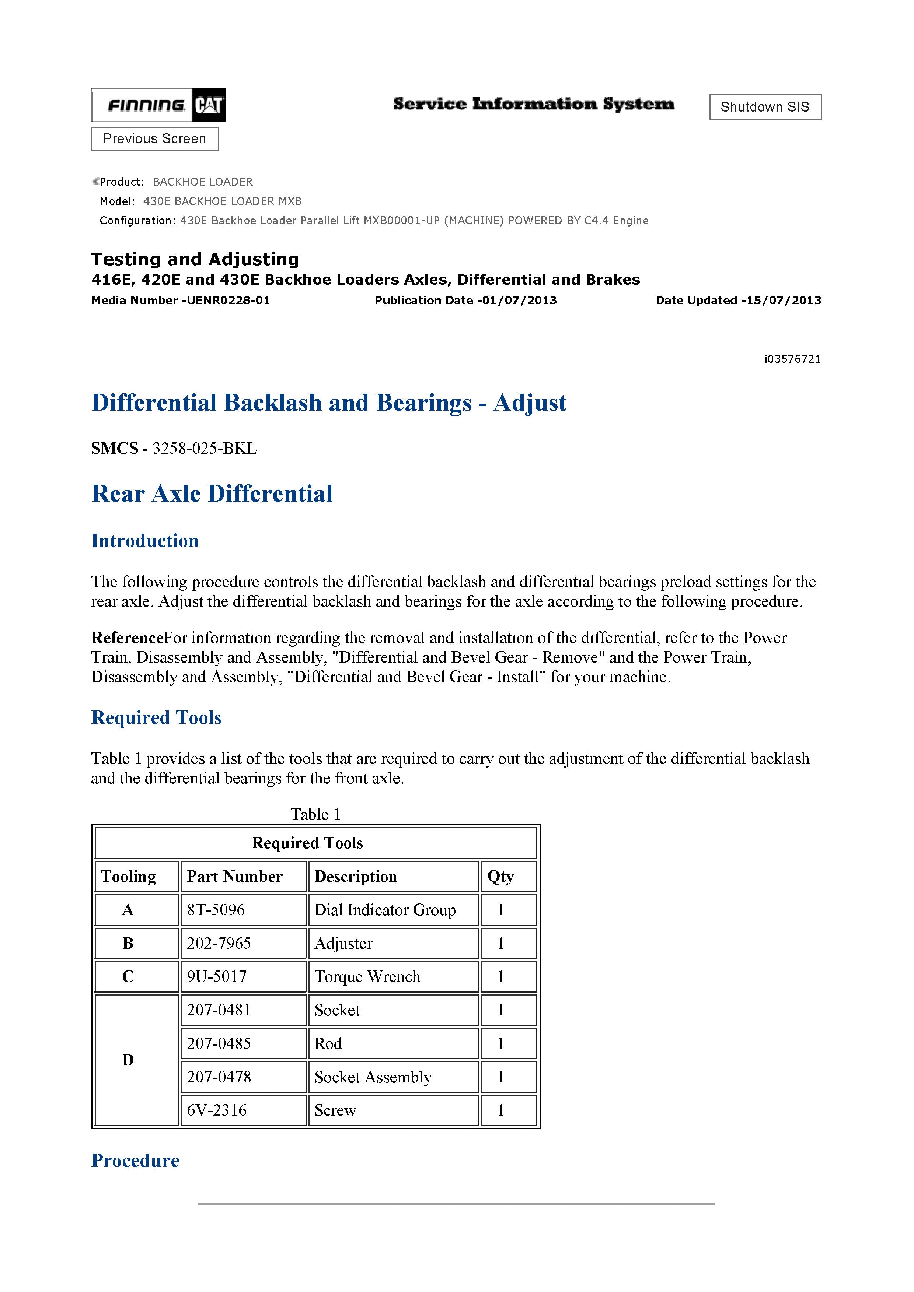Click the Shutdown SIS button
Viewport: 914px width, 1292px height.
(x=765, y=107)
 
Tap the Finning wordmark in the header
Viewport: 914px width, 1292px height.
(x=146, y=105)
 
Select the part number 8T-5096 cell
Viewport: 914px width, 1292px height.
(x=216, y=910)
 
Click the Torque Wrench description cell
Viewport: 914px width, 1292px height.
(x=367, y=976)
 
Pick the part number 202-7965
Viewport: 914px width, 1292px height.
(x=219, y=943)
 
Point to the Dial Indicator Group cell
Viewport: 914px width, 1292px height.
(x=385, y=910)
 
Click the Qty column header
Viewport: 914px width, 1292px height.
(x=500, y=877)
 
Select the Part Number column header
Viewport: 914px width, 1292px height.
(x=235, y=877)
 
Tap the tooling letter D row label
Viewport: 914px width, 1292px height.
(x=128, y=1060)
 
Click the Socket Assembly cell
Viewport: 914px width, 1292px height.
(x=373, y=1077)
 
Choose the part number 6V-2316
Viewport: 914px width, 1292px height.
(x=217, y=1110)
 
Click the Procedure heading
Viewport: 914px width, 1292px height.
(x=135, y=1160)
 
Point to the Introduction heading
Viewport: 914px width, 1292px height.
(x=145, y=541)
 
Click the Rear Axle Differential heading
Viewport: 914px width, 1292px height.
(x=212, y=494)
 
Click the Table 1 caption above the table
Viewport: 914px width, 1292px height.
(x=315, y=814)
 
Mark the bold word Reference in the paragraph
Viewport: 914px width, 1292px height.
(x=127, y=638)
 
